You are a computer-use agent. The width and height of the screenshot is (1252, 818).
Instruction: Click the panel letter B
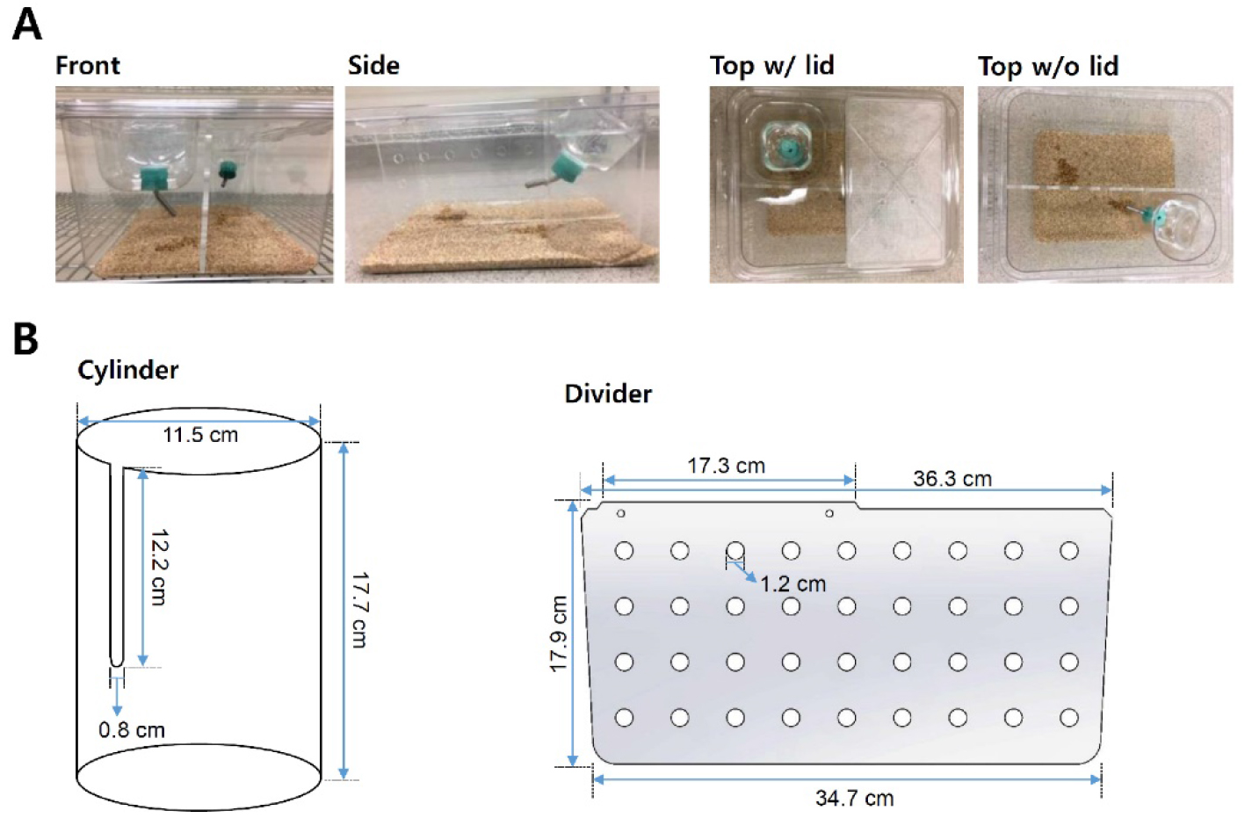point(25,338)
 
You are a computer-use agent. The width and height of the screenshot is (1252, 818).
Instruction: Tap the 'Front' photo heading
point(87,65)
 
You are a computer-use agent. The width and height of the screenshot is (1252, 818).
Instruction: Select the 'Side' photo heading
point(373,65)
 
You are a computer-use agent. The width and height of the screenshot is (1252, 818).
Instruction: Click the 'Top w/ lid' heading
point(772,65)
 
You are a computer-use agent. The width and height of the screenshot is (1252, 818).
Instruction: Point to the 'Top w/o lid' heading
point(1048,66)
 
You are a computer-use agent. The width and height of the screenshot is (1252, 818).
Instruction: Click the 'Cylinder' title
point(128,370)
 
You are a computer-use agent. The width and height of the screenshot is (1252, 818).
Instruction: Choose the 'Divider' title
point(608,394)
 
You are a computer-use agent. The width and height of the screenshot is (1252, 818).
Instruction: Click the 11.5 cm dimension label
point(200,435)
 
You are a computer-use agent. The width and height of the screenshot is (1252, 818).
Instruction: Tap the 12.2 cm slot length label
point(159,567)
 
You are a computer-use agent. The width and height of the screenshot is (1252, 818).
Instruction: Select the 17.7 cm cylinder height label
point(359,610)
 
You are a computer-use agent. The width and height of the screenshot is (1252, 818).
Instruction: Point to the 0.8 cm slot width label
point(131,730)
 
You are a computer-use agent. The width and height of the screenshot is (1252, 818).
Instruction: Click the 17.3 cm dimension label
point(726,466)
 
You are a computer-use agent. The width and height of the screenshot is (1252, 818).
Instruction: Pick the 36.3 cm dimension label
point(952,479)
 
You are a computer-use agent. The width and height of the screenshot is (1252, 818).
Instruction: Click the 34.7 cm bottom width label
point(855,798)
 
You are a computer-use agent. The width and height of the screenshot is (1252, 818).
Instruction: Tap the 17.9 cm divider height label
point(559,633)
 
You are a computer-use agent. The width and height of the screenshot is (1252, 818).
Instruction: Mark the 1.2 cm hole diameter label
point(793,583)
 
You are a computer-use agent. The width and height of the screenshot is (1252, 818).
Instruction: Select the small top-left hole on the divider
point(620,513)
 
